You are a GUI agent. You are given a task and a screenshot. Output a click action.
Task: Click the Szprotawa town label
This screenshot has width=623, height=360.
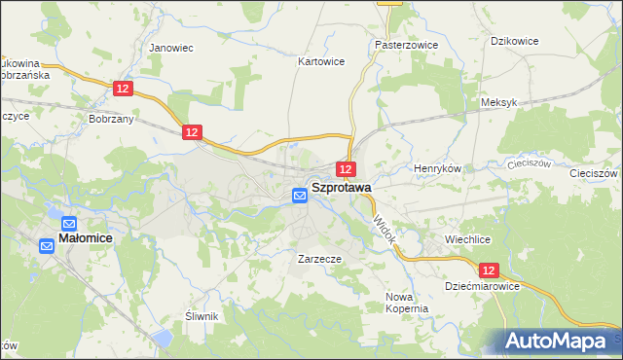341,190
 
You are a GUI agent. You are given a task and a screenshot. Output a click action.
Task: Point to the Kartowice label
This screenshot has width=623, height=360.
321,60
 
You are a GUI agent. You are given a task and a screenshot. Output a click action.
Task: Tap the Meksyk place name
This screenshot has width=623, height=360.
497,102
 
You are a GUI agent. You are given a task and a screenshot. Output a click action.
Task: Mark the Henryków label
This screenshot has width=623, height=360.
437,168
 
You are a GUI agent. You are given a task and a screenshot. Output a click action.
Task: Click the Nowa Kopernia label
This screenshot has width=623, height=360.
407,302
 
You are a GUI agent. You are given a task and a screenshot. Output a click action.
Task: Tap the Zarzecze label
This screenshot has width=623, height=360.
318,260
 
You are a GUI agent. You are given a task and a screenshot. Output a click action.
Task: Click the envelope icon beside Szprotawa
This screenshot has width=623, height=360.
300,196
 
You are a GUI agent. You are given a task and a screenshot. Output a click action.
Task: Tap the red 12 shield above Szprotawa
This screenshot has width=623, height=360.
347,169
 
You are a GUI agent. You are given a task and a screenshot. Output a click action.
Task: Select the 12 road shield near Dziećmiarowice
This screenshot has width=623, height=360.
488,270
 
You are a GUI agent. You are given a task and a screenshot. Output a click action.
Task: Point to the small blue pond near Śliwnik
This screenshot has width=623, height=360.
162,339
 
